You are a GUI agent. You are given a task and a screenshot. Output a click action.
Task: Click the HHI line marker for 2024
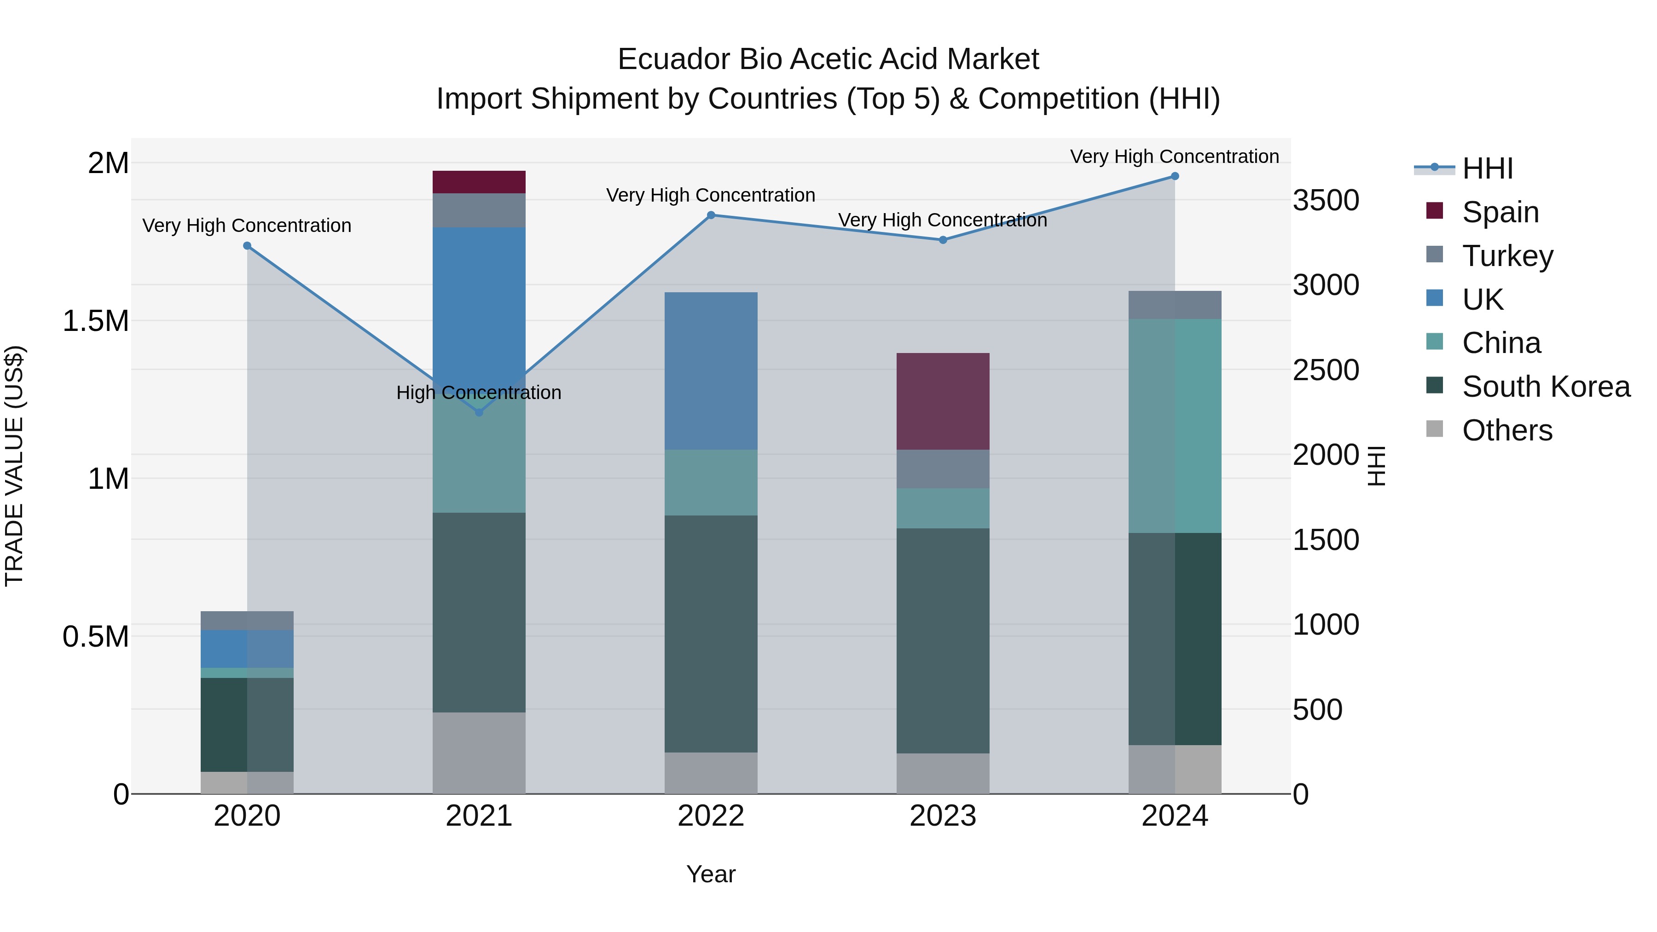pyautogui.click(x=1175, y=176)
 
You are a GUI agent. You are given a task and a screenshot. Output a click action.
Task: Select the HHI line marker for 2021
pyautogui.click(x=479, y=412)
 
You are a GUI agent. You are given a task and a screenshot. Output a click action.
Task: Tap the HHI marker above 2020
pyautogui.click(x=247, y=246)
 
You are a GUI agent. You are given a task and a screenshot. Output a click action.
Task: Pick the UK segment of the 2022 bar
pyautogui.click(x=711, y=370)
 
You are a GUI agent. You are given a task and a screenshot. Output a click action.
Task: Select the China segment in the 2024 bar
pyautogui.click(x=1175, y=426)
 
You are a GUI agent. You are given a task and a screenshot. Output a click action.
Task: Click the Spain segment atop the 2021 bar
pyautogui.click(x=479, y=182)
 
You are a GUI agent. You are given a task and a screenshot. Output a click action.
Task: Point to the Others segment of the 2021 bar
pyautogui.click(x=479, y=753)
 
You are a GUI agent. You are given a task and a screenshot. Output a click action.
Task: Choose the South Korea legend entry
pyautogui.click(x=1546, y=387)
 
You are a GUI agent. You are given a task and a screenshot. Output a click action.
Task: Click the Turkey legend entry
pyautogui.click(x=1507, y=256)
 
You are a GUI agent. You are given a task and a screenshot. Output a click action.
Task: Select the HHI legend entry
pyautogui.click(x=1487, y=168)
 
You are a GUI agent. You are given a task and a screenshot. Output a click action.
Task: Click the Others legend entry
pyautogui.click(x=1506, y=430)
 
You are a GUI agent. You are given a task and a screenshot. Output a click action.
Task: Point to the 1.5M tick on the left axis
pyautogui.click(x=95, y=321)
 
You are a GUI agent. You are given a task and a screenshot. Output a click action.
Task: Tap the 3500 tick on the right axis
pyautogui.click(x=1327, y=201)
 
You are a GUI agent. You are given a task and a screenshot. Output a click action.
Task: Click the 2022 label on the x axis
pyautogui.click(x=711, y=816)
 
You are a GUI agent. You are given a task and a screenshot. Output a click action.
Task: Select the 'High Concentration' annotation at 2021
pyautogui.click(x=479, y=392)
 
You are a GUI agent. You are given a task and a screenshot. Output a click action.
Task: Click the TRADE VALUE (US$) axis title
pyautogui.click(x=14, y=466)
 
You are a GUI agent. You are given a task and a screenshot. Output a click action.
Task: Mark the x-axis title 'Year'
pyautogui.click(x=711, y=874)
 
